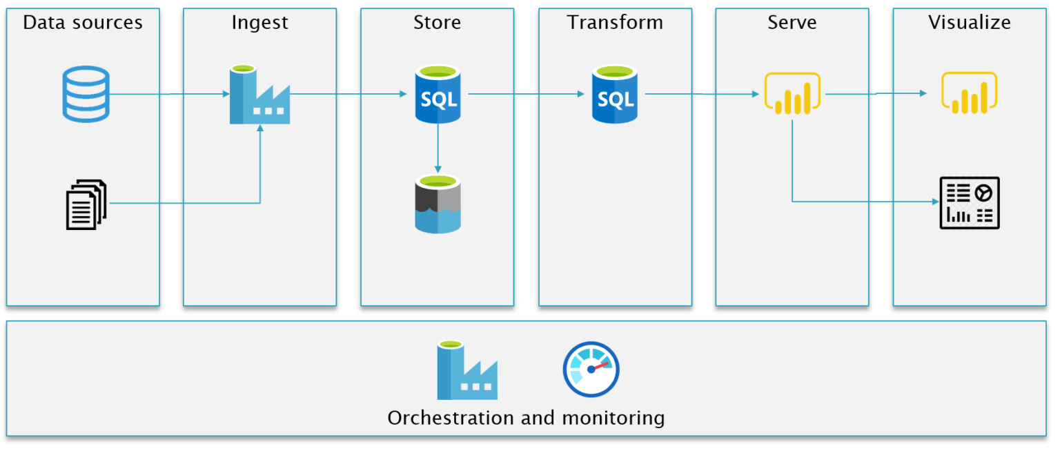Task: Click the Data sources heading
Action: (83, 23)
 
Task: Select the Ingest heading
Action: (259, 23)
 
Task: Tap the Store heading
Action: (437, 23)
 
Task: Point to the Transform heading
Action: (615, 23)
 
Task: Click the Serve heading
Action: (792, 23)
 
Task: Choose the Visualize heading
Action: (969, 23)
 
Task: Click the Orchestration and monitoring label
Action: (526, 418)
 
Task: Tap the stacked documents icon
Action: (86, 204)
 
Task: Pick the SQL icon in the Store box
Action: (438, 94)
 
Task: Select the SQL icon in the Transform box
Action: (615, 94)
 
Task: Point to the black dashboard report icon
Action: (969, 202)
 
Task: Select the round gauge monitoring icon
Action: (591, 370)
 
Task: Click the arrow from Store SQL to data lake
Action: (438, 148)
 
